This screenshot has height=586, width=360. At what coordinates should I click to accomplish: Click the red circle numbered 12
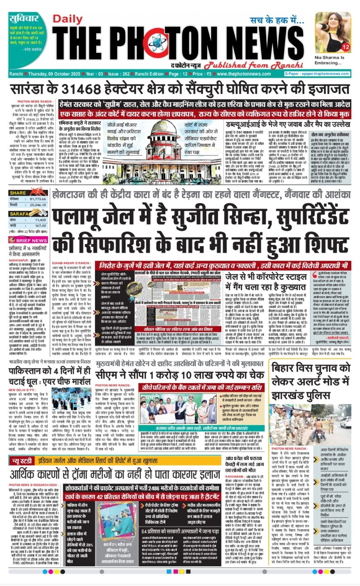point(345,47)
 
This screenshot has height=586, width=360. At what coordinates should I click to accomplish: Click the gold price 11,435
point(40,220)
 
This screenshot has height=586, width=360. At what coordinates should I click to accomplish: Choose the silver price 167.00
point(40,225)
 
